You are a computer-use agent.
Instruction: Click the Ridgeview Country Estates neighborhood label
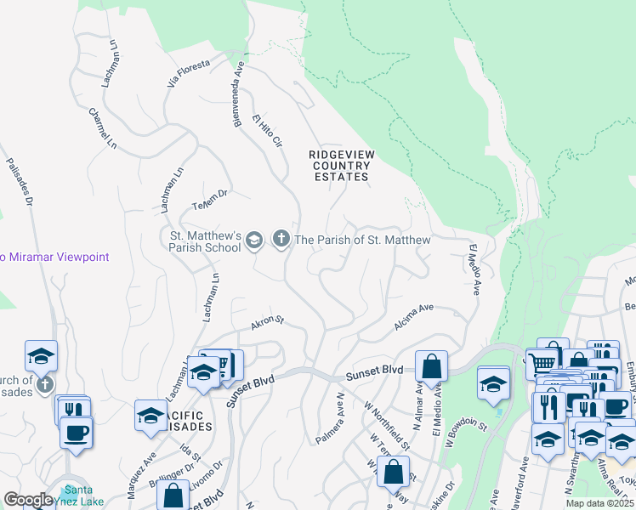pos(340,165)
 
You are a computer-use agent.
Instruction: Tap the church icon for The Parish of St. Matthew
pos(281,241)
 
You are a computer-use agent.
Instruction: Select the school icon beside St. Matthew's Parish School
pos(253,242)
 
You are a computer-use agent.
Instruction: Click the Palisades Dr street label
pos(19,182)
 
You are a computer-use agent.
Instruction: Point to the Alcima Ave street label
pos(414,318)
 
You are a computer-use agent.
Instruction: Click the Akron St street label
pos(266,323)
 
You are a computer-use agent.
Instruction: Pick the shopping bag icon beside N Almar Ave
pos(432,366)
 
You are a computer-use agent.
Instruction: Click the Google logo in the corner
pos(28,500)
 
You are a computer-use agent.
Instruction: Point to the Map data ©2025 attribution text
pos(600,503)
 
